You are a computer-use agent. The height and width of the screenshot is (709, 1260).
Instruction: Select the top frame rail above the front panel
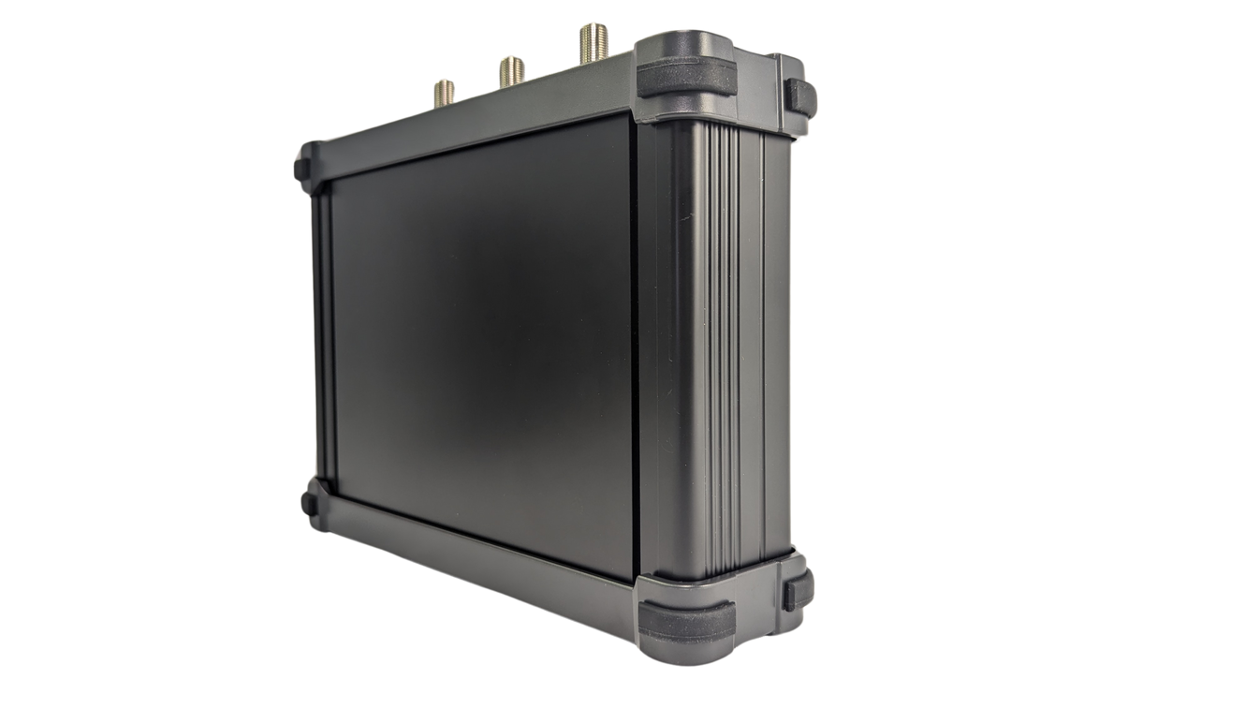[468, 140]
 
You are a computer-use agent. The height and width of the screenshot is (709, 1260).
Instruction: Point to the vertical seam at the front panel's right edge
[640, 347]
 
